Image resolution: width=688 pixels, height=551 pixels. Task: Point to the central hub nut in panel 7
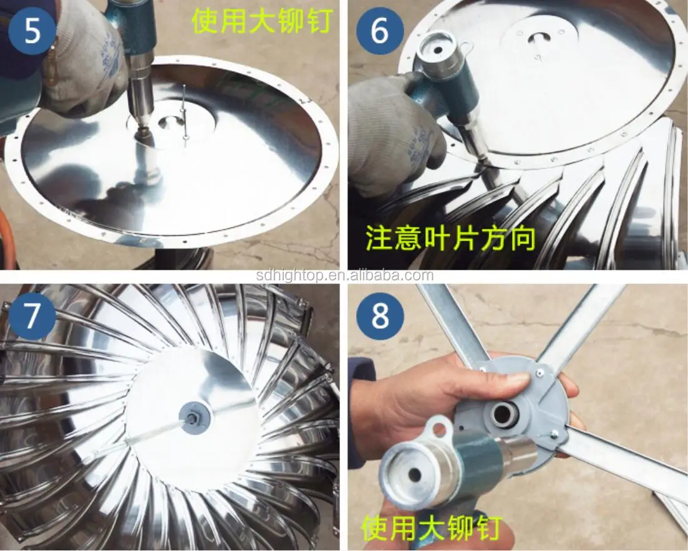195,416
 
